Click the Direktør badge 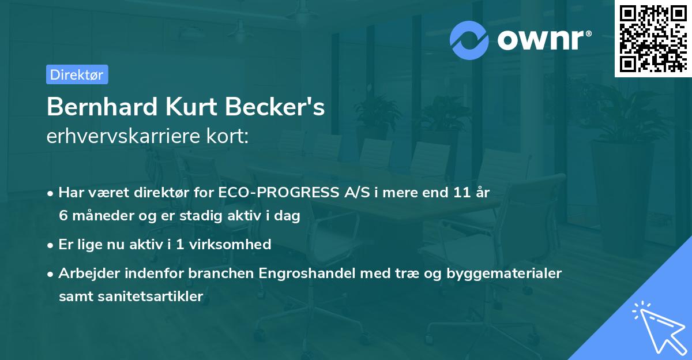pos(77,74)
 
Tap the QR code pos(652,38)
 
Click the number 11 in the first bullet pos(461,193)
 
